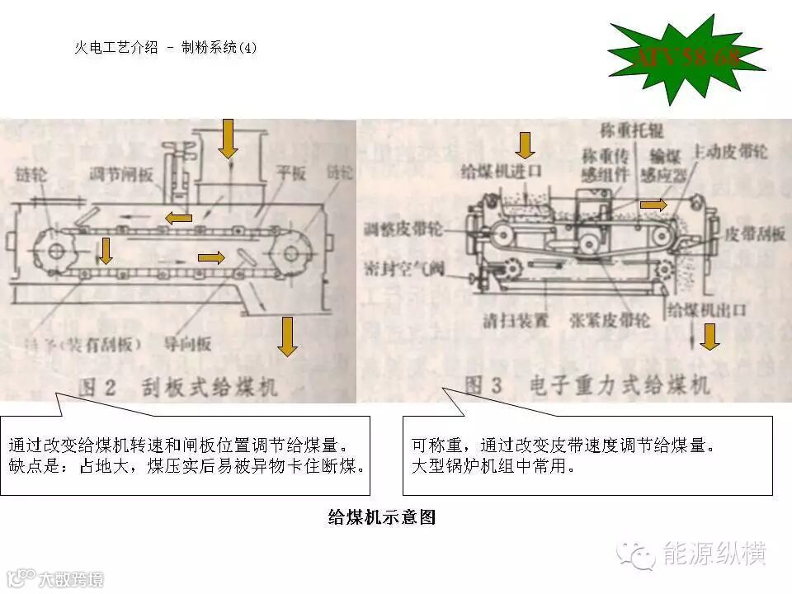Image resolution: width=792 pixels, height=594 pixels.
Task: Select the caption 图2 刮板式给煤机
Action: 177,386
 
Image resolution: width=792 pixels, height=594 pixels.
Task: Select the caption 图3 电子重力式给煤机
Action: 586,385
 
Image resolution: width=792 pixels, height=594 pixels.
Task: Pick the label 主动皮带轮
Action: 730,153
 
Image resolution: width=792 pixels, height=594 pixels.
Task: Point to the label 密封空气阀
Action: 404,268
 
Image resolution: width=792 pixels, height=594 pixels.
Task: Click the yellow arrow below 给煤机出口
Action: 709,336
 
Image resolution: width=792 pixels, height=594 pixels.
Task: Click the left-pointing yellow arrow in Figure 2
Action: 177,217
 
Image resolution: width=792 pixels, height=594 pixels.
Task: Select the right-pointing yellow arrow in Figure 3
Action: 653,204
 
